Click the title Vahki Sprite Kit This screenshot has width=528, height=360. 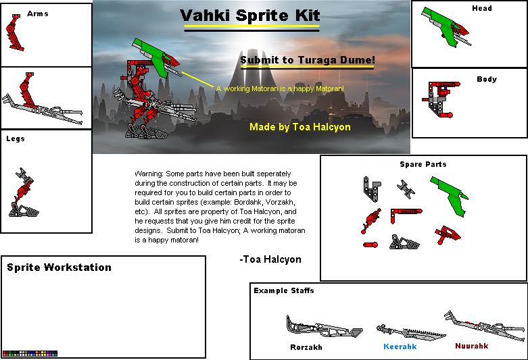tap(250, 16)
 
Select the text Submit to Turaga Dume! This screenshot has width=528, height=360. tap(307, 60)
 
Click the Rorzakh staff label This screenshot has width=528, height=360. tap(306, 347)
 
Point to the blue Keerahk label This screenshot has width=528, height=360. tap(400, 346)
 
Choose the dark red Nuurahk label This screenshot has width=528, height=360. tap(471, 346)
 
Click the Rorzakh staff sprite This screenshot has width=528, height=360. tap(323, 328)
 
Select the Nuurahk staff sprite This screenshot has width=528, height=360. tap(483, 326)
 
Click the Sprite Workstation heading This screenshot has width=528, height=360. tap(59, 267)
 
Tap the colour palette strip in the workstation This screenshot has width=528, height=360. tap(30, 353)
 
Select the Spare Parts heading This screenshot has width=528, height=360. tap(423, 164)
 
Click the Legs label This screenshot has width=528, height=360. tap(16, 138)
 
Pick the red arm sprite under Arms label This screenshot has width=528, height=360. tap(16, 34)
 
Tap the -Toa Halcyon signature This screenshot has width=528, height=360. tap(270, 259)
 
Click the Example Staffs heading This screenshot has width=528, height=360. tap(284, 290)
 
